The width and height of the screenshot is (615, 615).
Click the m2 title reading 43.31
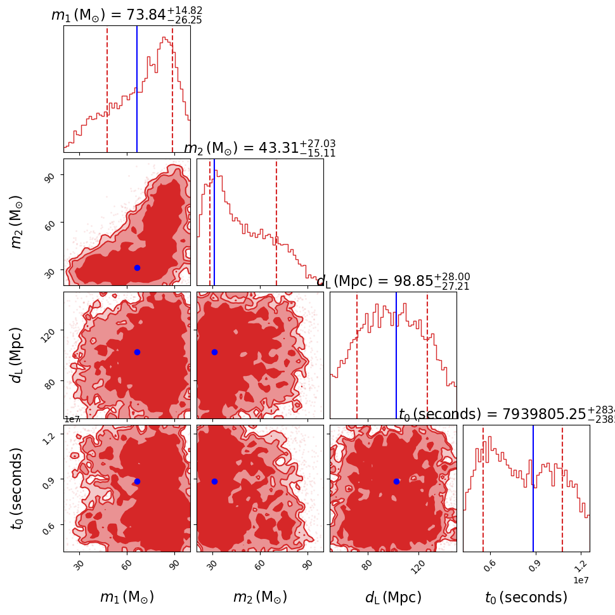(x=259, y=148)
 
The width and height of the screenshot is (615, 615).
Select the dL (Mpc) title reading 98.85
(x=393, y=281)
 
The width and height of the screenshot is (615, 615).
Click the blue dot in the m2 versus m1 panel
(x=137, y=268)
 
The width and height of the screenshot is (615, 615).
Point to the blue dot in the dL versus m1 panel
(x=137, y=352)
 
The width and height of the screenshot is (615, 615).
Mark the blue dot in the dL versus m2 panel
(x=214, y=352)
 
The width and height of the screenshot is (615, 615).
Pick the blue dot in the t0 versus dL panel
(x=396, y=481)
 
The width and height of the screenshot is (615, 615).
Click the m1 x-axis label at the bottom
(x=127, y=597)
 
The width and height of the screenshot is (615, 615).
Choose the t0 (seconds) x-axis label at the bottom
(x=526, y=597)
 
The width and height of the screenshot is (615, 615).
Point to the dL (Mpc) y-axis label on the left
(x=16, y=355)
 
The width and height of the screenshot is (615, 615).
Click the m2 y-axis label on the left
(x=16, y=222)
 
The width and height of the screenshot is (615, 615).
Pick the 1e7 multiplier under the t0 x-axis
(x=582, y=580)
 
